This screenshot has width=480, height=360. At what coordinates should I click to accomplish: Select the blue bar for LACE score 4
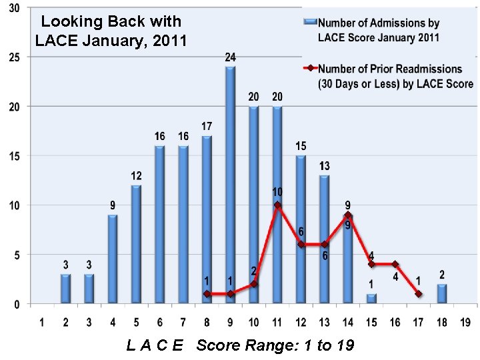tap(113, 259)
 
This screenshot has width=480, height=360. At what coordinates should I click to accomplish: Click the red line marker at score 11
tap(277, 205)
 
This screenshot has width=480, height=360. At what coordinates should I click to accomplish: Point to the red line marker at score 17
tap(417, 294)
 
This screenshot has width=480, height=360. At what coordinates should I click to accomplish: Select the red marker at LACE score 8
tap(207, 294)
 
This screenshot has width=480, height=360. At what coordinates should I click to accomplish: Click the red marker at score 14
tap(347, 215)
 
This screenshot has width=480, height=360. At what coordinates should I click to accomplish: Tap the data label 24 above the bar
tap(230, 58)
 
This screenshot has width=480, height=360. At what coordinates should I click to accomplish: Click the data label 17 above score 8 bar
tap(207, 127)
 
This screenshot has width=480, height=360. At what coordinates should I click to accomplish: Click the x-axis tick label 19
tap(464, 323)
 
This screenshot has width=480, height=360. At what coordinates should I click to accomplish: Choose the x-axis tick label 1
tap(42, 323)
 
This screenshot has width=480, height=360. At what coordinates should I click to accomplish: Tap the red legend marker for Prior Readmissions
tap(310, 69)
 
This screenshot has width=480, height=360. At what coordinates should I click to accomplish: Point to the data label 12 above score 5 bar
tap(136, 176)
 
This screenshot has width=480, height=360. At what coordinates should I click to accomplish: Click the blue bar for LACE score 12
tap(301, 230)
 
